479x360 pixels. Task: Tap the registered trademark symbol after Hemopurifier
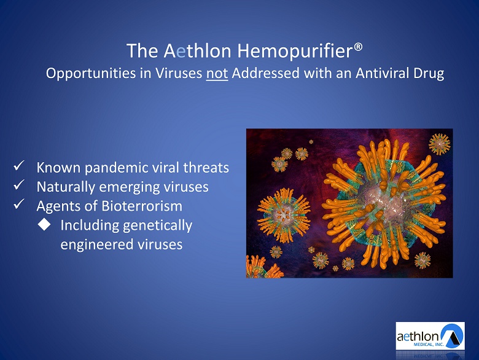[x=359, y=47]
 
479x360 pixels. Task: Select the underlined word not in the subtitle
[x=217, y=74]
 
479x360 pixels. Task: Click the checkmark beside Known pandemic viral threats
[x=19, y=166]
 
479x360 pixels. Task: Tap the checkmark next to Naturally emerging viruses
[x=19, y=185]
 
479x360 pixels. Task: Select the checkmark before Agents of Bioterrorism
[x=19, y=204]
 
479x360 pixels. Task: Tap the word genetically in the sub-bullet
[x=158, y=226]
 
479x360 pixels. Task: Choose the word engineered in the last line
[x=96, y=245]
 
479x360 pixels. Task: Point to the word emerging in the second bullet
[x=130, y=187]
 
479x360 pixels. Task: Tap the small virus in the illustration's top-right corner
[x=440, y=144]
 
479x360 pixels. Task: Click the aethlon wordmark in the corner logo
[x=418, y=337]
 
